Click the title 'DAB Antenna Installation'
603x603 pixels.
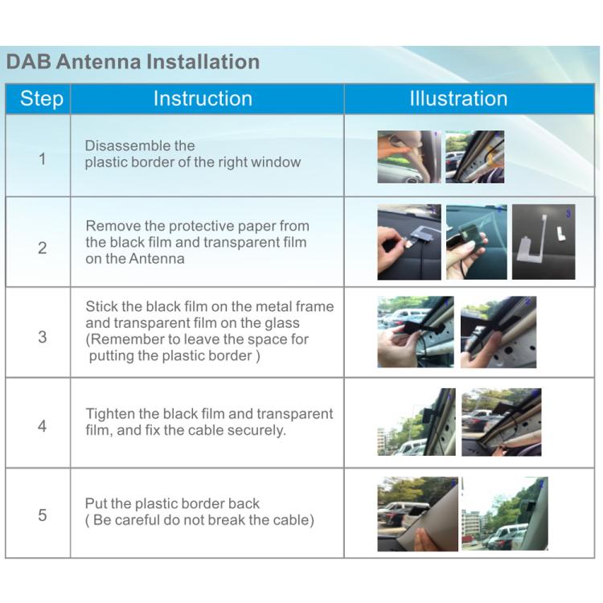(x=133, y=62)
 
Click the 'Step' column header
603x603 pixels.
(x=41, y=99)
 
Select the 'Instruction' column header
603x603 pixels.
(x=203, y=99)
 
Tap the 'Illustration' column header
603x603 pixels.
(x=458, y=99)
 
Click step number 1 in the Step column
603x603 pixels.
(x=42, y=158)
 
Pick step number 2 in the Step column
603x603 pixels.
(x=42, y=248)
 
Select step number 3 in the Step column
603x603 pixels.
(x=42, y=337)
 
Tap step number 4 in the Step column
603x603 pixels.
(x=42, y=426)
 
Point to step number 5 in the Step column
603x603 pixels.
(x=42, y=515)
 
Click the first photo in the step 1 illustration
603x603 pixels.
(x=409, y=157)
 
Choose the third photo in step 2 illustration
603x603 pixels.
(x=544, y=242)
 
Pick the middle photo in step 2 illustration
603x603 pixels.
(x=477, y=242)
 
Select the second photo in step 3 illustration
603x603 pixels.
(x=498, y=332)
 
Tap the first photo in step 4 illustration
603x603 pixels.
(x=416, y=422)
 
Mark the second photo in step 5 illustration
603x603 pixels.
(x=504, y=514)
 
